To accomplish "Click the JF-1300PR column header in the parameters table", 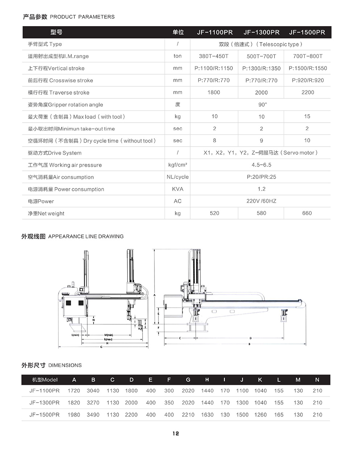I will (x=261, y=32).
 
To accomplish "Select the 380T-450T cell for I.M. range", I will (x=214, y=56).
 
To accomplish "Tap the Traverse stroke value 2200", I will (x=307, y=93).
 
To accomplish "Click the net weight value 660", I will (x=307, y=213).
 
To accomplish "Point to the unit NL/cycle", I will (x=178, y=177).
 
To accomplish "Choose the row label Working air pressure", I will (x=65, y=165).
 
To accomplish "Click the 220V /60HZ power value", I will (x=261, y=201).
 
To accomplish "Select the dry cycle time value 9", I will (x=261, y=141).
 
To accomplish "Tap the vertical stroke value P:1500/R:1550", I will (x=307, y=68).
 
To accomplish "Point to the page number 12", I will (x=176, y=433).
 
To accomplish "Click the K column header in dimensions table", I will (x=260, y=380).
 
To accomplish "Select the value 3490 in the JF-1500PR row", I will (x=93, y=415).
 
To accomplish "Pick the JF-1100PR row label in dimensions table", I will (x=45, y=391).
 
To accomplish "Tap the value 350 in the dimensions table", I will (x=169, y=403).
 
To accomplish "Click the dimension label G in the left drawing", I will (x=101, y=347).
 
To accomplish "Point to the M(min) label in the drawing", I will (x=109, y=335).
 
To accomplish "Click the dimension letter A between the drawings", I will (x=155, y=295).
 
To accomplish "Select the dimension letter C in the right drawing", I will (x=180, y=338).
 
